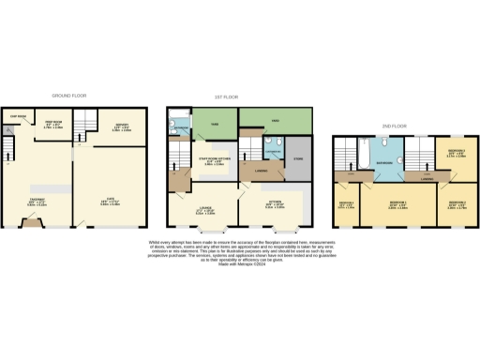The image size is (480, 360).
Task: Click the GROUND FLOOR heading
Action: click(x=73, y=96)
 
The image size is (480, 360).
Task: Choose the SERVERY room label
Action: click(x=121, y=127)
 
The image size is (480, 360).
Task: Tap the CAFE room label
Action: click(x=109, y=198)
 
